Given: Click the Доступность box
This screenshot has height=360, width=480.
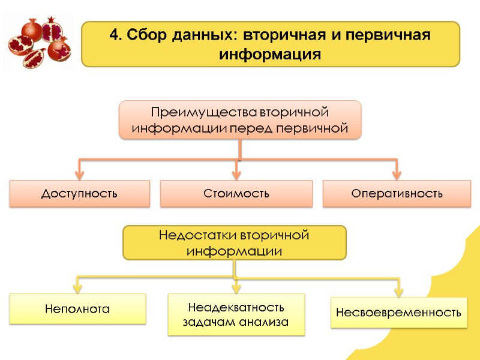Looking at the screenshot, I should click(x=79, y=194).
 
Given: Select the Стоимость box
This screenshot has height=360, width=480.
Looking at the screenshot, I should click(x=236, y=194).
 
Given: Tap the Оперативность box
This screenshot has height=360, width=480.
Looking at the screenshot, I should click(x=397, y=194).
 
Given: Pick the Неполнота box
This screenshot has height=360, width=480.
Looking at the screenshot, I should click(x=77, y=309).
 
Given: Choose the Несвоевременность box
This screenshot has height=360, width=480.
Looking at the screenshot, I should click(x=398, y=313).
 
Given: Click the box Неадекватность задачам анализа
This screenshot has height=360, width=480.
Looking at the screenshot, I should click(x=236, y=314).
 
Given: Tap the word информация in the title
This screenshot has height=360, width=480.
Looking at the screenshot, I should click(x=270, y=55).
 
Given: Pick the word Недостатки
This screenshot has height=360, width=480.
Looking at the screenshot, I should click(x=197, y=235).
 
